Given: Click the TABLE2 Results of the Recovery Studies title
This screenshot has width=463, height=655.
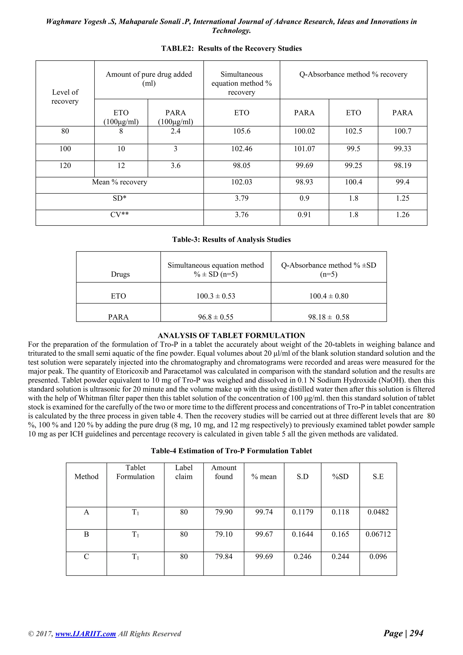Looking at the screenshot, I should point(231,48).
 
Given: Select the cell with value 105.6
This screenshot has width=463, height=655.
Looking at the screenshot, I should point(241,131).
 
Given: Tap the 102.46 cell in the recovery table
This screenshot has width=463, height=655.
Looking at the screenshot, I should point(241,149).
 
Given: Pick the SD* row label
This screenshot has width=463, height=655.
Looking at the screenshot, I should point(119,198).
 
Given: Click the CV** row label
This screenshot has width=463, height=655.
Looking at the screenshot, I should point(119,215).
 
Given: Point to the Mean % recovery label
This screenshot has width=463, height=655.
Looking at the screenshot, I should point(119,182).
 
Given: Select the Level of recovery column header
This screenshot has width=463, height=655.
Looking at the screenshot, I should point(65,97).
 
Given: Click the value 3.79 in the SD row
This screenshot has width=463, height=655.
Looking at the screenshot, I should point(241,198).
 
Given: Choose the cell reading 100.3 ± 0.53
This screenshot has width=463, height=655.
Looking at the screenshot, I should point(215,296).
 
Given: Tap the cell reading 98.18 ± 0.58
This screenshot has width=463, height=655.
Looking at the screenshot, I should point(328,317).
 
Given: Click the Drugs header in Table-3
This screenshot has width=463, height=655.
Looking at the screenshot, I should point(120,274).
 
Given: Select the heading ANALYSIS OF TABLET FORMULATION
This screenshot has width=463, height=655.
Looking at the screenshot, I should point(231,335).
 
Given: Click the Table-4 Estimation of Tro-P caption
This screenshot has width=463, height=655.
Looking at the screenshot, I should point(231,451).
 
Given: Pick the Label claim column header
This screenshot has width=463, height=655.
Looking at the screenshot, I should point(184,472).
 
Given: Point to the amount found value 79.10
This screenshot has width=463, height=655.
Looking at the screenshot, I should point(224,534).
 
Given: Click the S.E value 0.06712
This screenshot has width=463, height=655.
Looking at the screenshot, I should point(378,534).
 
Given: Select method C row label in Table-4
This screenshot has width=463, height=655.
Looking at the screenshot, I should point(86,557).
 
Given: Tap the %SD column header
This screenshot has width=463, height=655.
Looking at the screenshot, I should point(340,477).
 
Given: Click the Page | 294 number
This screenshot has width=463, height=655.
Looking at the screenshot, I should point(403,633).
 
